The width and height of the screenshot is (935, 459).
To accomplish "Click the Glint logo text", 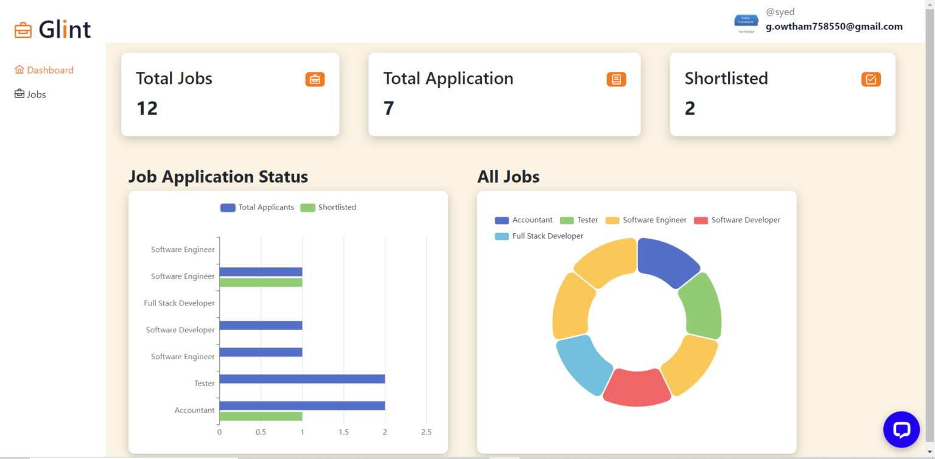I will (x=65, y=29).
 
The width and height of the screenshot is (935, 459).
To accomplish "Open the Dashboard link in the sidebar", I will (x=50, y=70).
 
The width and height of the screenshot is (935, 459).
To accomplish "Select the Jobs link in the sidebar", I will (x=36, y=94).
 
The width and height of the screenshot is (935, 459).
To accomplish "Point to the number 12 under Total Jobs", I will (x=147, y=108).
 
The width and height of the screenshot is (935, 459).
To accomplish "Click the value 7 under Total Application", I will (x=388, y=108).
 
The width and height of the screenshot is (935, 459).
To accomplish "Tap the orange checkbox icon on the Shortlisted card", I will (x=870, y=79).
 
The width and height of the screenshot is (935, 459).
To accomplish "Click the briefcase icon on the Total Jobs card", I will (x=315, y=79).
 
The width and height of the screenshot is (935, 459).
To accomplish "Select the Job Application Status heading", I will (x=218, y=177).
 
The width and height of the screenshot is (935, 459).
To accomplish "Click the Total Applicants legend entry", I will (x=257, y=208).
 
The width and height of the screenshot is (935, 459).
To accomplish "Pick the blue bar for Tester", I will (x=302, y=379).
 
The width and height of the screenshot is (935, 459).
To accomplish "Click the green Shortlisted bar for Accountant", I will (x=261, y=416).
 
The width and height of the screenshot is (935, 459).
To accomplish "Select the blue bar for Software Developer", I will (x=261, y=325).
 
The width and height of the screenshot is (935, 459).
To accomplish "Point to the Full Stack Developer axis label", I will (x=179, y=303).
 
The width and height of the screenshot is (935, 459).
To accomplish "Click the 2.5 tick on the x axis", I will (x=426, y=432).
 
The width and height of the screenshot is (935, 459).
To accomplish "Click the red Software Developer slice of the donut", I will (x=637, y=388).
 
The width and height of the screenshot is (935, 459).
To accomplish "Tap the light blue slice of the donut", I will (x=583, y=364).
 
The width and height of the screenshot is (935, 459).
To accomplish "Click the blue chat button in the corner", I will (x=901, y=430).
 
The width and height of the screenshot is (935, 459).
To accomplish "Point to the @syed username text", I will (x=780, y=12).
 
